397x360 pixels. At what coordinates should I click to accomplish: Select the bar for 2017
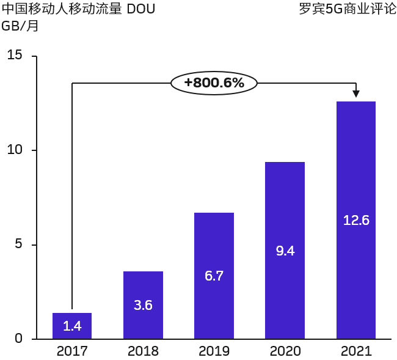point(72,326)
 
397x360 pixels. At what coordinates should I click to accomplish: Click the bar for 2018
point(143,305)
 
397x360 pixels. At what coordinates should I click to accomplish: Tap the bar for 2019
point(214,276)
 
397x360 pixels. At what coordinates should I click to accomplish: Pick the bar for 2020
point(285,251)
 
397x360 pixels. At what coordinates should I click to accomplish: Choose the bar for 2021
point(356,220)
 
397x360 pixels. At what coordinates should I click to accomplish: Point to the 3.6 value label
point(143,305)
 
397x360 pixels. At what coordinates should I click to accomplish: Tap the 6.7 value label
point(214,276)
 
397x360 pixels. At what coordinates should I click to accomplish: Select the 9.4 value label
point(285,251)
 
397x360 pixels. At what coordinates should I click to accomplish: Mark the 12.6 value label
point(356,220)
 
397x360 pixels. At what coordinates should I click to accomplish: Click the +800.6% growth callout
point(214,83)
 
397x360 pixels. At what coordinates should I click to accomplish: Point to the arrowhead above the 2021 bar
point(356,94)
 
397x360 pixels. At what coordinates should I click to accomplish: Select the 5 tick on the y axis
point(18,244)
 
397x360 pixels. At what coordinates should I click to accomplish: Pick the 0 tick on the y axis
point(18,339)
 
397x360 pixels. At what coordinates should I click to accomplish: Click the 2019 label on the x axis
point(214,351)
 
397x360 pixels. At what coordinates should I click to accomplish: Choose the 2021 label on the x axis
point(356,351)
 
